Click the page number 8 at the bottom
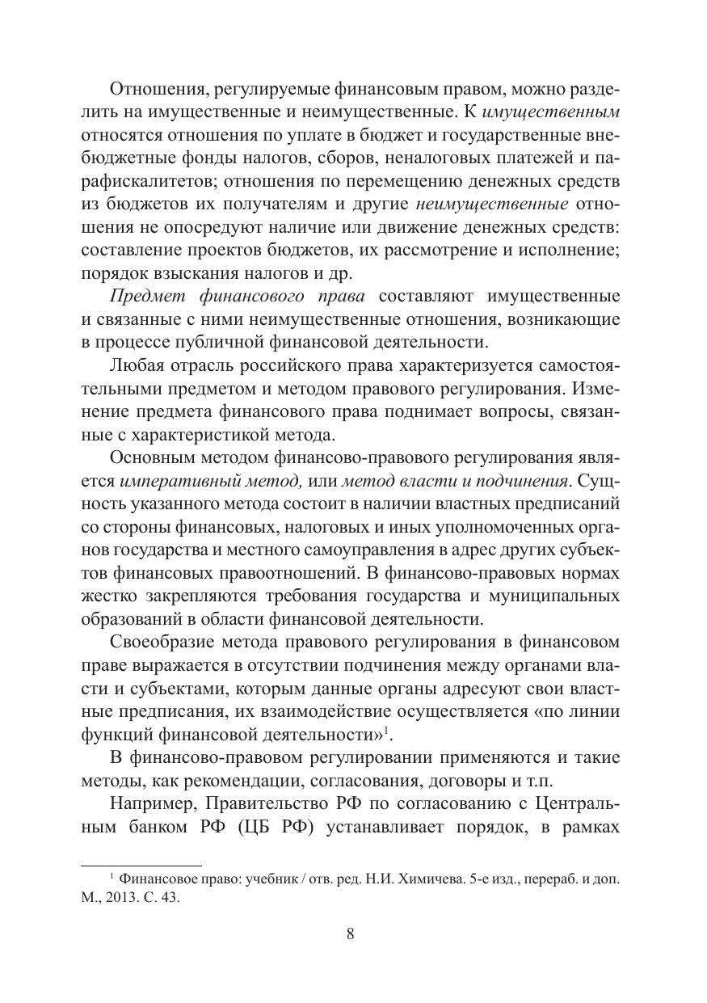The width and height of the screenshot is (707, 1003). click(351, 934)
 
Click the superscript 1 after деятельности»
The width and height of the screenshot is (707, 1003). click(387, 731)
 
